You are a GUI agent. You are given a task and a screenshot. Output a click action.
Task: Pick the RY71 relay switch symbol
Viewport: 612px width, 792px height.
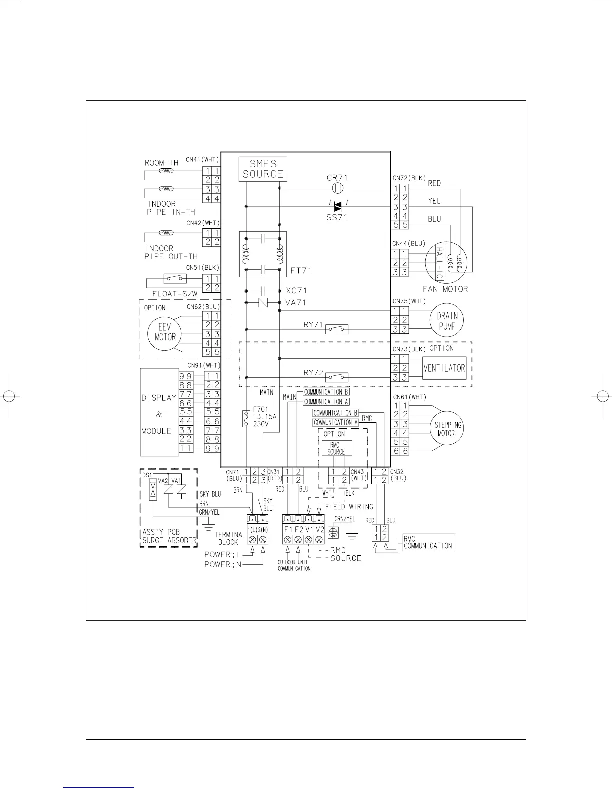click(337, 329)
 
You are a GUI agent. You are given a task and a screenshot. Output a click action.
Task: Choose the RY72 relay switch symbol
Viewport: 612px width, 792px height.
click(337, 377)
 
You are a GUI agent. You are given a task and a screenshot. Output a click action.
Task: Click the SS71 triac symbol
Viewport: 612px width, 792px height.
click(338, 206)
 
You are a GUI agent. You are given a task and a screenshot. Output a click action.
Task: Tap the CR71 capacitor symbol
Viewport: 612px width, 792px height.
click(338, 188)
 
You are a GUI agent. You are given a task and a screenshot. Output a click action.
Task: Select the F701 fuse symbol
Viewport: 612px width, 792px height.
click(246, 419)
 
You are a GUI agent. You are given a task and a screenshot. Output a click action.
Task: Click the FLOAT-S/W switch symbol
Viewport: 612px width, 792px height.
click(175, 279)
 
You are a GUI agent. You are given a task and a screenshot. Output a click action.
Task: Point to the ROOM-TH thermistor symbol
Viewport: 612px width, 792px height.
click(166, 171)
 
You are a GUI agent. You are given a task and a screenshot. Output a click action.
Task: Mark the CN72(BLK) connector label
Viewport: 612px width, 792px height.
click(409, 178)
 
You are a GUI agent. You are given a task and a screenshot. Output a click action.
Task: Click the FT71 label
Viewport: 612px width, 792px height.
click(301, 271)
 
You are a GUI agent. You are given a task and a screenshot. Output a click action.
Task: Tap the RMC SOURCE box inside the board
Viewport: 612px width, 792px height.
click(337, 448)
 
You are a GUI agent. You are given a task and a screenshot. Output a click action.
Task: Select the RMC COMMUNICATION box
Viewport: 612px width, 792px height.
click(429, 542)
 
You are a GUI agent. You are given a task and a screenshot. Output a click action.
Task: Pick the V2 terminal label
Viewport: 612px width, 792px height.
click(319, 529)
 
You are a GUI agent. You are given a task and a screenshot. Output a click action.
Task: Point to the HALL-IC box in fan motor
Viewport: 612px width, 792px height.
click(440, 263)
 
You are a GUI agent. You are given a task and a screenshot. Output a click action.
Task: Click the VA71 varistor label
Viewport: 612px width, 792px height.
click(296, 302)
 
